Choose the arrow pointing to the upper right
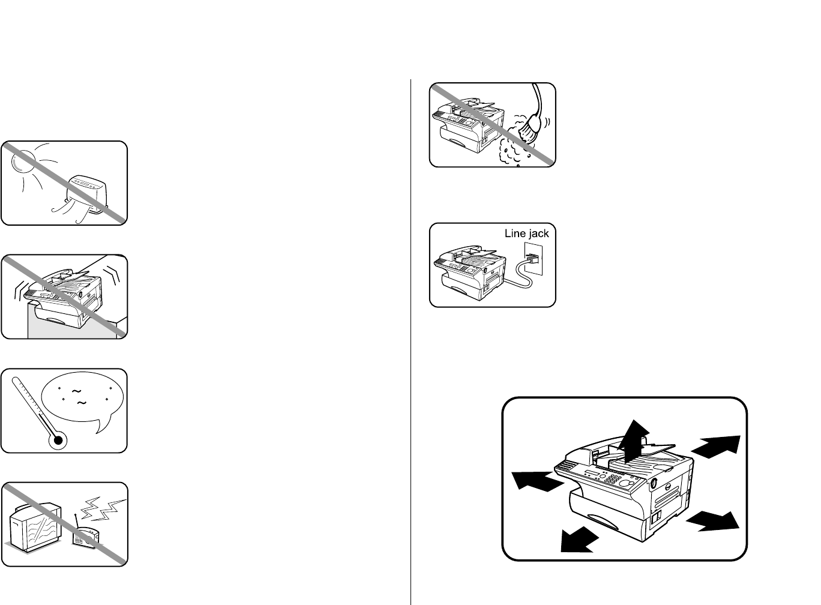tap(716, 447)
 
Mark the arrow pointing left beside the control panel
tap(537, 481)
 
